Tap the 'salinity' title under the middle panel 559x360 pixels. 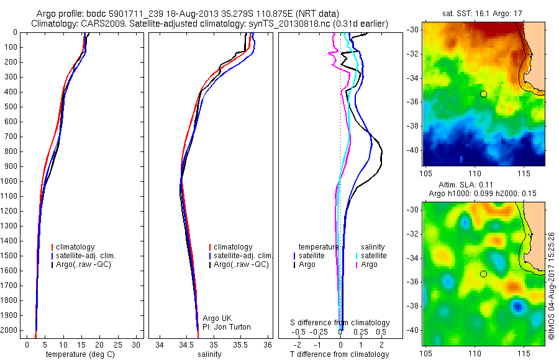click(x=208, y=354)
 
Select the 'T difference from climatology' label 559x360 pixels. click(x=339, y=354)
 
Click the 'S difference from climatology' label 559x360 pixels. click(x=340, y=323)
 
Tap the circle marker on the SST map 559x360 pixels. click(x=483, y=94)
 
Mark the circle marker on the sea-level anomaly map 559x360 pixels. click(x=483, y=274)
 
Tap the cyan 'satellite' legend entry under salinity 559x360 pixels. click(x=373, y=256)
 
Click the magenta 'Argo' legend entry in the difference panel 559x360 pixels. click(x=370, y=264)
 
